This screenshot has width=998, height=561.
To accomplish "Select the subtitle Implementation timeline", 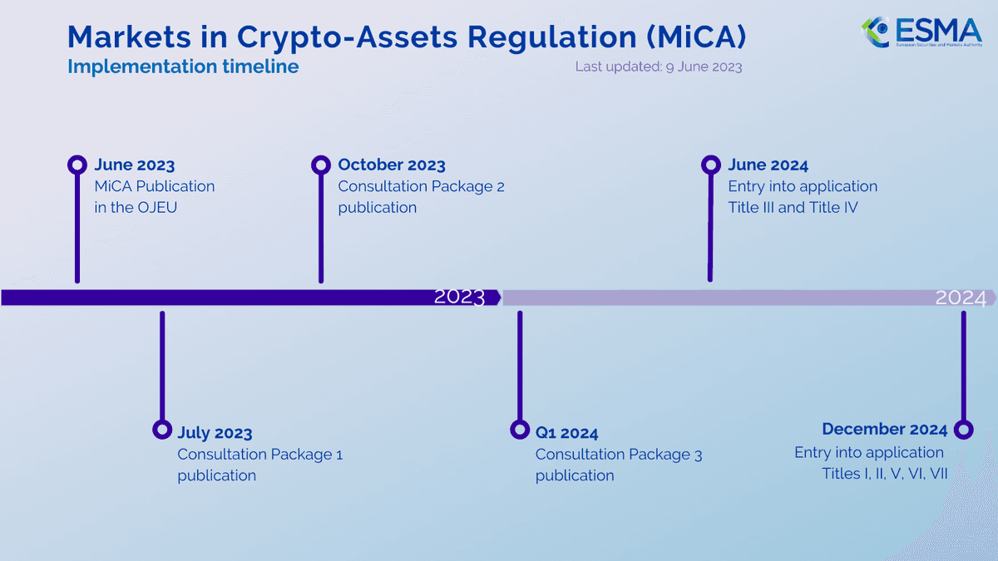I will pos(183,66).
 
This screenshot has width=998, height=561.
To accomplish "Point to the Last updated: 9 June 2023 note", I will pos(658,66).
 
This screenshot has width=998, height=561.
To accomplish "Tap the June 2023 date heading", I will pos(135,165).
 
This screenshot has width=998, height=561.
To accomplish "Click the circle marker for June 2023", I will pos(77,165).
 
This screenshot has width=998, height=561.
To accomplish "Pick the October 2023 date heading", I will pos(392,165).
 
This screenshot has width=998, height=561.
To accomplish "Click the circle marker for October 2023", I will pos(321,165).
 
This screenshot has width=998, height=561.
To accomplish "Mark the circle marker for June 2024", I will pos(710,165).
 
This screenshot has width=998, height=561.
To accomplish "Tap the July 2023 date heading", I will pos(215,433).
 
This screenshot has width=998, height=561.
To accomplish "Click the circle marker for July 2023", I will pos(162,430).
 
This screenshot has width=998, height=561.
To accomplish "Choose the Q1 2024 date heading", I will pos(566,433).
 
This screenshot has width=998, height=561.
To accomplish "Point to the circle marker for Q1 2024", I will pos(520,430).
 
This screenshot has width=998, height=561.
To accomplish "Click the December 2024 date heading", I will pos(884,430).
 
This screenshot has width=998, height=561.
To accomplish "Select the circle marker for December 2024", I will pos(963,430).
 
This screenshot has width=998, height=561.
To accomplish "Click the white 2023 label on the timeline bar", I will pos(459,298).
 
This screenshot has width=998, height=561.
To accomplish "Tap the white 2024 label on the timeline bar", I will pos(961,298).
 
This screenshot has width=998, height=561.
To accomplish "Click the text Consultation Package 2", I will pos(421,187).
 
